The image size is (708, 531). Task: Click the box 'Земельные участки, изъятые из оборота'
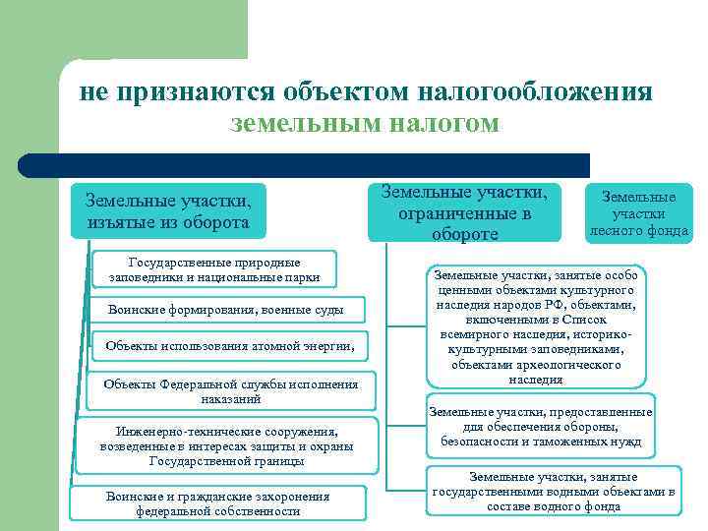[168, 211]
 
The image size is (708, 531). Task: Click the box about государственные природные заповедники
[213, 269]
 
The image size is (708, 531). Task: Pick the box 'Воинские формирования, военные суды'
[225, 311]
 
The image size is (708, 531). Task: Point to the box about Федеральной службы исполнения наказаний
[230, 391]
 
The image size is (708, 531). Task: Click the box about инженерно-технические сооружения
[226, 445]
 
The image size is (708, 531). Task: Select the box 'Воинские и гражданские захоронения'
[217, 503]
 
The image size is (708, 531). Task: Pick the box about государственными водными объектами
[553, 491]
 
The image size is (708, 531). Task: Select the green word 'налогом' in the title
[449, 124]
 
